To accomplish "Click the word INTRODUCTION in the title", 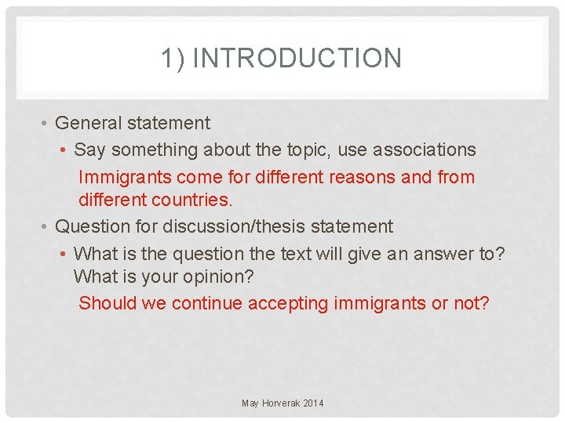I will (x=297, y=59).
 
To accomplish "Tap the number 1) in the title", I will (x=173, y=59).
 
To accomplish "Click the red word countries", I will (x=192, y=200).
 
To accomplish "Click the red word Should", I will (x=108, y=303).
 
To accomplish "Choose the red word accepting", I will (x=289, y=303).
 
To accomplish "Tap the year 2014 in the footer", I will (x=313, y=403).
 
